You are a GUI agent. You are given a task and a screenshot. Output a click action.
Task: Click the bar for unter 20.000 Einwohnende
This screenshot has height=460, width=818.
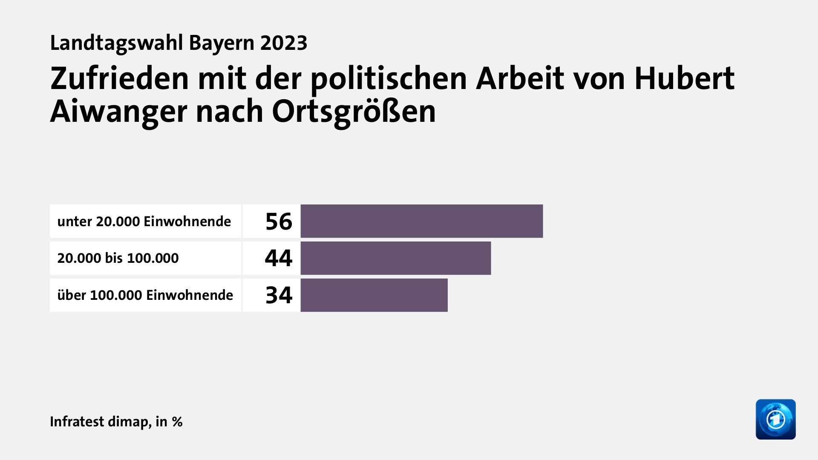click(421, 221)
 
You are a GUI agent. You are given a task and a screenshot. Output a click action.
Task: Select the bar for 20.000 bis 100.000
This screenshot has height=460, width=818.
click(395, 258)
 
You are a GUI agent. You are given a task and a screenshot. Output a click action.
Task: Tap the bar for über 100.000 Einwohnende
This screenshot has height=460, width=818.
click(374, 295)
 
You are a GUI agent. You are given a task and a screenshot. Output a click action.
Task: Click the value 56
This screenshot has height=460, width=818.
click(279, 221)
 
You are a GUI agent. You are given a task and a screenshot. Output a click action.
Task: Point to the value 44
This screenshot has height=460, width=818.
click(279, 258)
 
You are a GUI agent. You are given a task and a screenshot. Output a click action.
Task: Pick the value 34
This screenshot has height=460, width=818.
click(279, 295)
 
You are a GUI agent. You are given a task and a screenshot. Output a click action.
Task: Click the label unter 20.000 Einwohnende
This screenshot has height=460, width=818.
click(144, 221)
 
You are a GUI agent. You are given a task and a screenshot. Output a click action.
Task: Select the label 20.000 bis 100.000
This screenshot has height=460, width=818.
click(118, 258)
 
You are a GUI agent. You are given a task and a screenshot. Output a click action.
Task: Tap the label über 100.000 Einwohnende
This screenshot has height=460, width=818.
click(145, 295)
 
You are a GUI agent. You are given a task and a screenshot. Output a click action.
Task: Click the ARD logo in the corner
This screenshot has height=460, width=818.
click(775, 419)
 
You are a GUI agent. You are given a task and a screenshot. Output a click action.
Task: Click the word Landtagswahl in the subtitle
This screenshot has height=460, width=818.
click(116, 43)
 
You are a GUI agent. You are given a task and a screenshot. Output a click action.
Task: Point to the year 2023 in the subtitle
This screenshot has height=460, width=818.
click(284, 43)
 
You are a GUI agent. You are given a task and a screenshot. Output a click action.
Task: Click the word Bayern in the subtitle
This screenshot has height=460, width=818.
click(222, 43)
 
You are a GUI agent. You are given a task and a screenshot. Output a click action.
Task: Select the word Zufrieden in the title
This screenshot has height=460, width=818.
click(119, 79)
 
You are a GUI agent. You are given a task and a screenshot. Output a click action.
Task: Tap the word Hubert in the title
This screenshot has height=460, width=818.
click(684, 79)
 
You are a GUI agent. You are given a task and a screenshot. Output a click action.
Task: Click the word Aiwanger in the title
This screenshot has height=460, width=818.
click(118, 112)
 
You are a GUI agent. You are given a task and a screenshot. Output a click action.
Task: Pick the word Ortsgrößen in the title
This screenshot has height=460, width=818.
click(354, 112)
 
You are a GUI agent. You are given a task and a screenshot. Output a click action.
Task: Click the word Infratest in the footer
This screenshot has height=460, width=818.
click(77, 422)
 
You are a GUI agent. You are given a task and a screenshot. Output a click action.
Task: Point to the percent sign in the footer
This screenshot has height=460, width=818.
click(177, 422)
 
